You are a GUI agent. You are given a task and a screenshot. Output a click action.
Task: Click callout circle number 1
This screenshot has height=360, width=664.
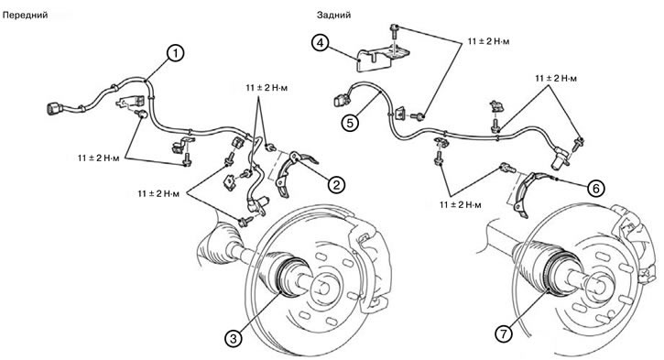(x=176, y=54)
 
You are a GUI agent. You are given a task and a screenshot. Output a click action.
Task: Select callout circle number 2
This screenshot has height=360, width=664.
(x=337, y=185)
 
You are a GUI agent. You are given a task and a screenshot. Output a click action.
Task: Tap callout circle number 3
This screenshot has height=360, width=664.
(x=234, y=338)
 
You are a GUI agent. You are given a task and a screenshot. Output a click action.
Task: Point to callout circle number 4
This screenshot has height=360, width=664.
(x=321, y=43)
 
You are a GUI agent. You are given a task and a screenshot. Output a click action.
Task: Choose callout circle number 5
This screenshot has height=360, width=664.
(x=351, y=123)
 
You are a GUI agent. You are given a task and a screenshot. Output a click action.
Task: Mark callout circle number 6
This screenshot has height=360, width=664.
(x=596, y=188)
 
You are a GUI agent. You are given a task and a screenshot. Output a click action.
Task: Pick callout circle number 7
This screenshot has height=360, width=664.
(x=504, y=334)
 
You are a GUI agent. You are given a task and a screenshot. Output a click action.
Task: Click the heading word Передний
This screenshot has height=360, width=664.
(x=25, y=16)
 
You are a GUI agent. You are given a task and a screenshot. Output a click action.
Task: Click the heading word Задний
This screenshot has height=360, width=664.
(x=333, y=16)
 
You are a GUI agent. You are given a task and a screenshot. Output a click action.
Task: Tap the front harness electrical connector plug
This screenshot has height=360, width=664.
(x=55, y=110)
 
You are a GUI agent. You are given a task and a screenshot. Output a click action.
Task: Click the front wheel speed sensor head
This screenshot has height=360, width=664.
(x=258, y=204)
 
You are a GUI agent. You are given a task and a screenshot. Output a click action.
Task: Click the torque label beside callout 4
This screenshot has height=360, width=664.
(x=489, y=41)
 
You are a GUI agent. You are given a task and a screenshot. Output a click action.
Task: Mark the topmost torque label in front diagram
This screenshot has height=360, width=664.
(x=267, y=88)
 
